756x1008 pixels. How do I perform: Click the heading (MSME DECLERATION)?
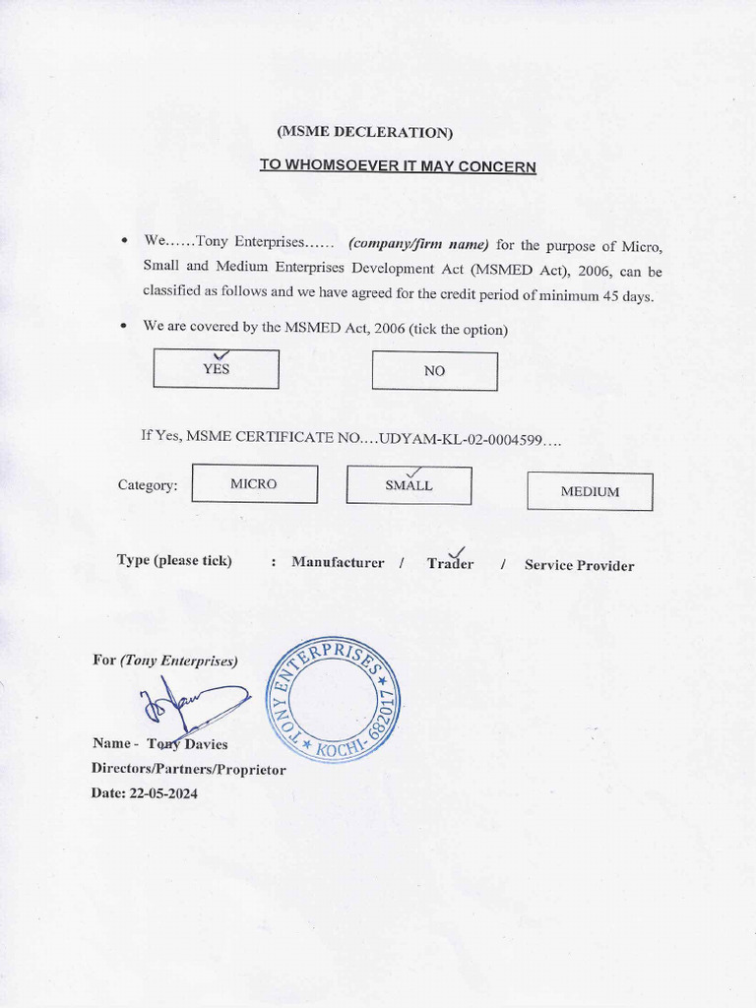(365, 133)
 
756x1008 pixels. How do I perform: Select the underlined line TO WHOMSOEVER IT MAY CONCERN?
(398, 166)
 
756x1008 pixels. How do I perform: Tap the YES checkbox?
(217, 369)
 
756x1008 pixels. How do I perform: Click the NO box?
(434, 371)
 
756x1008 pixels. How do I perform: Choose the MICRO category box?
(254, 484)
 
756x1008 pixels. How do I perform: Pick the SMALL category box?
(409, 485)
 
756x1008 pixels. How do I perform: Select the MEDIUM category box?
(590, 491)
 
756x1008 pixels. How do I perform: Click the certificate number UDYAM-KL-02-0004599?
(463, 437)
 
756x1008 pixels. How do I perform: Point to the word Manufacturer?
(338, 563)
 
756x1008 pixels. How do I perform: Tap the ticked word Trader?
(450, 564)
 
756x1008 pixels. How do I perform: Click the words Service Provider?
(579, 565)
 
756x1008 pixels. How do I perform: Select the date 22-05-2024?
(162, 793)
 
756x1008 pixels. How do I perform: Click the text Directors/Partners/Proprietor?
(188, 769)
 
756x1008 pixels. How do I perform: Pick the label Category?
(148, 485)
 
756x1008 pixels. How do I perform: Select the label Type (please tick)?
(174, 560)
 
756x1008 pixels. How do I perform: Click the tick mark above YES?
(221, 354)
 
